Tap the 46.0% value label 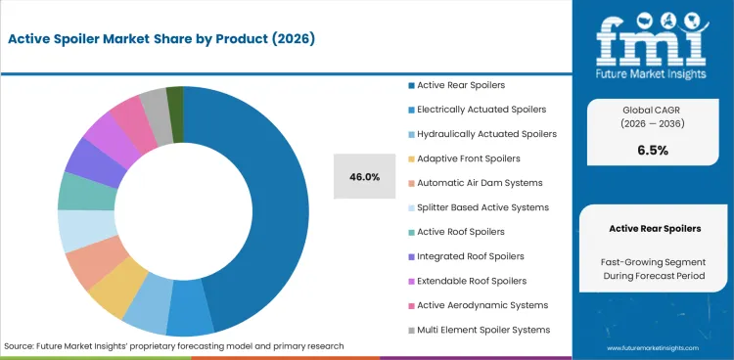click(364, 177)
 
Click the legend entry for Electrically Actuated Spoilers click(482, 109)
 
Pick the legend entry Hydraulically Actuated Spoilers click(486, 133)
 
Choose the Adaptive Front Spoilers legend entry click(468, 157)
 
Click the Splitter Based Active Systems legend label click(482, 206)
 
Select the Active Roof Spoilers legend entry click(460, 231)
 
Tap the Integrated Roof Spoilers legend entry click(470, 255)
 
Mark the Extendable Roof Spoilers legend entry click(472, 280)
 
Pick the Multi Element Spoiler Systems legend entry click(482, 329)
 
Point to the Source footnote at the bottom click(173, 346)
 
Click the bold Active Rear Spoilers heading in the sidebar click(655, 228)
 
